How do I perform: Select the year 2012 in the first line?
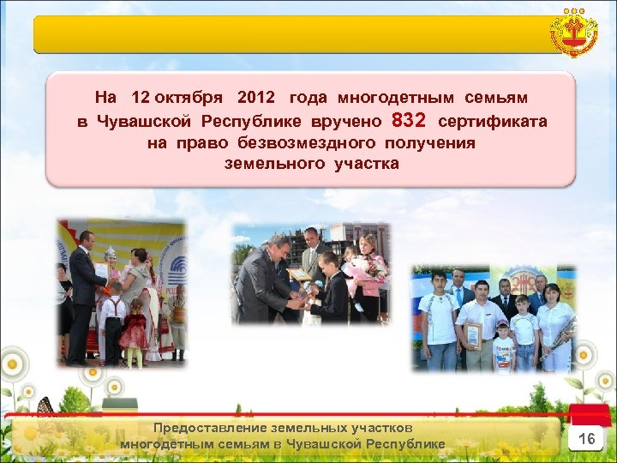click(x=257, y=99)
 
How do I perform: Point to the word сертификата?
click(x=492, y=122)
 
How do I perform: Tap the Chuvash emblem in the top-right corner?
click(x=574, y=34)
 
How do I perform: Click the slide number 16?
click(x=587, y=439)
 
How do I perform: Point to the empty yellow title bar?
click(x=291, y=34)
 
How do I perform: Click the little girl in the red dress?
click(x=134, y=330)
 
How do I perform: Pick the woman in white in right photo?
click(x=554, y=326)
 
